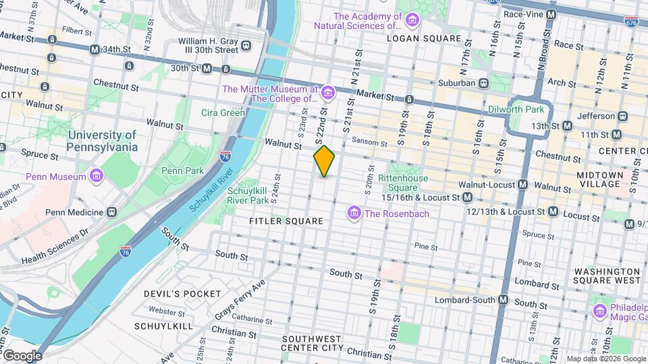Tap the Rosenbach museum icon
[x=353, y=214]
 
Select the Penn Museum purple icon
[x=97, y=177]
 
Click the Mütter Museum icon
[x=328, y=92]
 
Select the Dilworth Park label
[x=516, y=109]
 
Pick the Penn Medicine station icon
[x=111, y=212]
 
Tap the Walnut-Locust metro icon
[x=523, y=184]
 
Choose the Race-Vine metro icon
[x=551, y=14]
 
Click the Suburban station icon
[x=484, y=84]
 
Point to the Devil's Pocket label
[x=182, y=294]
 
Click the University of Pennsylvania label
[x=103, y=141]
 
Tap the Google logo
[x=22, y=355]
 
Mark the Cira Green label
[x=223, y=113]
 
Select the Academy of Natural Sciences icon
[x=412, y=21]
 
